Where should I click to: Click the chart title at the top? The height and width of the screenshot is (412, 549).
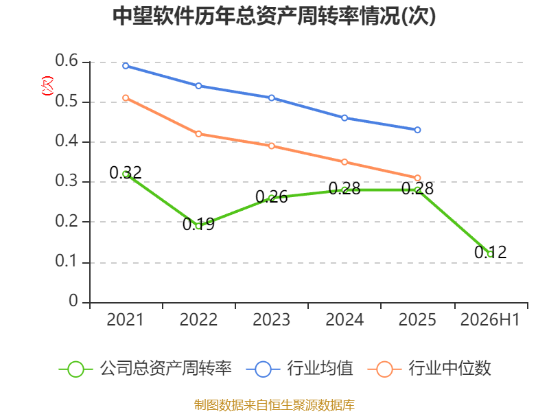(x=274, y=16)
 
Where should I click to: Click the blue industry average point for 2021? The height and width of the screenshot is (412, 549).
(x=126, y=66)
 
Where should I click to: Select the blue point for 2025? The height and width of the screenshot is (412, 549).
(x=417, y=130)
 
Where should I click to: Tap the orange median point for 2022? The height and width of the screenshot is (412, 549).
(x=198, y=134)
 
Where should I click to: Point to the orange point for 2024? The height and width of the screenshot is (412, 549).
(x=344, y=162)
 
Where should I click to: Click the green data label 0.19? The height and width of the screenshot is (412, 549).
(x=198, y=225)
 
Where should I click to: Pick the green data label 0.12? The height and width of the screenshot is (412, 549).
(x=491, y=252)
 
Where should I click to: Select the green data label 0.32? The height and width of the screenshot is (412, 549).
(x=126, y=172)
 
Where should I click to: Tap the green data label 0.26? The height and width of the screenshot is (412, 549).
(x=271, y=196)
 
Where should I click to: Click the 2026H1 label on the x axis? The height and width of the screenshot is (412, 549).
(x=490, y=319)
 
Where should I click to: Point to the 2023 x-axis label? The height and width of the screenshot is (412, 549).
(x=271, y=319)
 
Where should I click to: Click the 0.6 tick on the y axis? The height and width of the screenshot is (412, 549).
(x=67, y=61)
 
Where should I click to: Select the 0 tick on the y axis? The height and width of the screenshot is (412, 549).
(x=73, y=301)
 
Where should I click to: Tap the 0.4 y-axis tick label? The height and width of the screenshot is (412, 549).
(x=67, y=141)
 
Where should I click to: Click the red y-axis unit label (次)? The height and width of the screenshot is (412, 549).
(x=47, y=86)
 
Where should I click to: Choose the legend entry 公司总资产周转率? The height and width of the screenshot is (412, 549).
(x=145, y=369)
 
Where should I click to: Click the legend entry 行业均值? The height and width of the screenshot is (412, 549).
(x=300, y=369)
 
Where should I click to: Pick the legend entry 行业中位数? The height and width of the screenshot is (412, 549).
(x=430, y=369)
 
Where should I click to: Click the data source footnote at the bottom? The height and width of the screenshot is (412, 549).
(x=274, y=405)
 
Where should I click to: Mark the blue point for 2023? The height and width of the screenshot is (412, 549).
(x=272, y=98)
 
